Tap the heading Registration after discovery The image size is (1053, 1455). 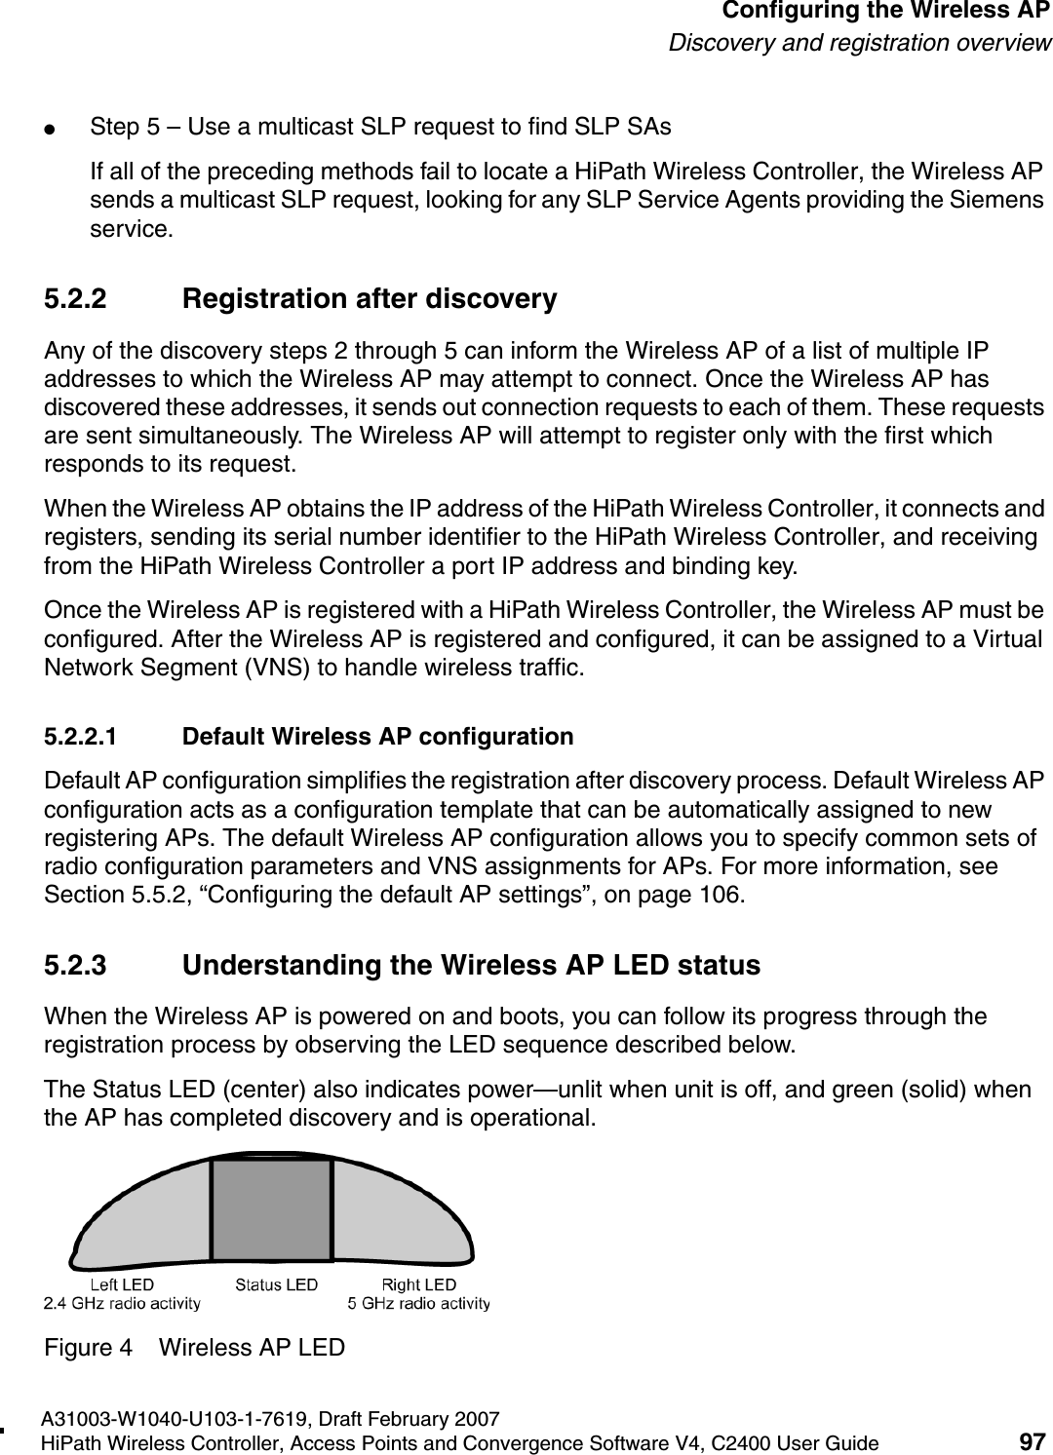point(370,299)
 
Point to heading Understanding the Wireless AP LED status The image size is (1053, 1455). point(471,966)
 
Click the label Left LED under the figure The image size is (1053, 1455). point(122,1285)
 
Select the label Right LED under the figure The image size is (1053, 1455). point(419,1285)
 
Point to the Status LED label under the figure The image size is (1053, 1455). point(276,1285)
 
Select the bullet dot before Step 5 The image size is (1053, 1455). point(60,128)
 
